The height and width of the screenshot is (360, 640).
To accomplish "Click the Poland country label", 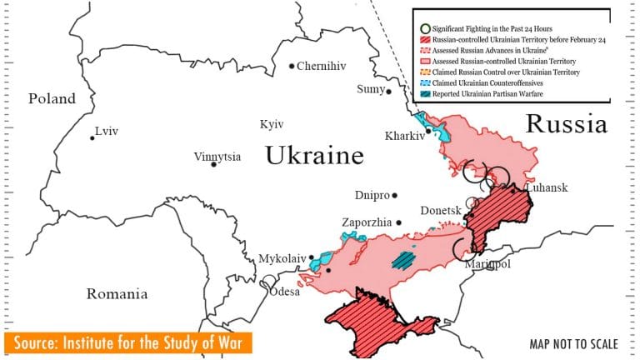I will tap(52, 99).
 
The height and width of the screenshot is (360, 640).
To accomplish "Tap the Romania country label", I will tap(117, 294).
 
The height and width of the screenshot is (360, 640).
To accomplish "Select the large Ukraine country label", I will tap(314, 156).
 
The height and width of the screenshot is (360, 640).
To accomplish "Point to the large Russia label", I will tap(566, 125).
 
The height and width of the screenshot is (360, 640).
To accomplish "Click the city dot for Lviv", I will tap(92, 137).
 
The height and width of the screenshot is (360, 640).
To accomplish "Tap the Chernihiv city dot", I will tap(292, 66).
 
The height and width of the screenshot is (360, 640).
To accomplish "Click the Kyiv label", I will tap(272, 124).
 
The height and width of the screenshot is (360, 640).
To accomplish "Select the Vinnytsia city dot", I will tap(214, 164).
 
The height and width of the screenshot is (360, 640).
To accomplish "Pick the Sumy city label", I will tap(370, 89).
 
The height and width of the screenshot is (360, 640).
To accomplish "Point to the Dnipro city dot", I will tap(395, 196).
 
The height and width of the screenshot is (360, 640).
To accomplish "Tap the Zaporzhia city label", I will tap(367, 222).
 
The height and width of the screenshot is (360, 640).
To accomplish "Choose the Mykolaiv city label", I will tap(282, 258).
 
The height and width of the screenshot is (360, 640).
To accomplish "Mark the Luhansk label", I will tap(547, 188).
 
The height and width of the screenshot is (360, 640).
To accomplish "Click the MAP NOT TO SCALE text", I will tap(573, 344).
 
